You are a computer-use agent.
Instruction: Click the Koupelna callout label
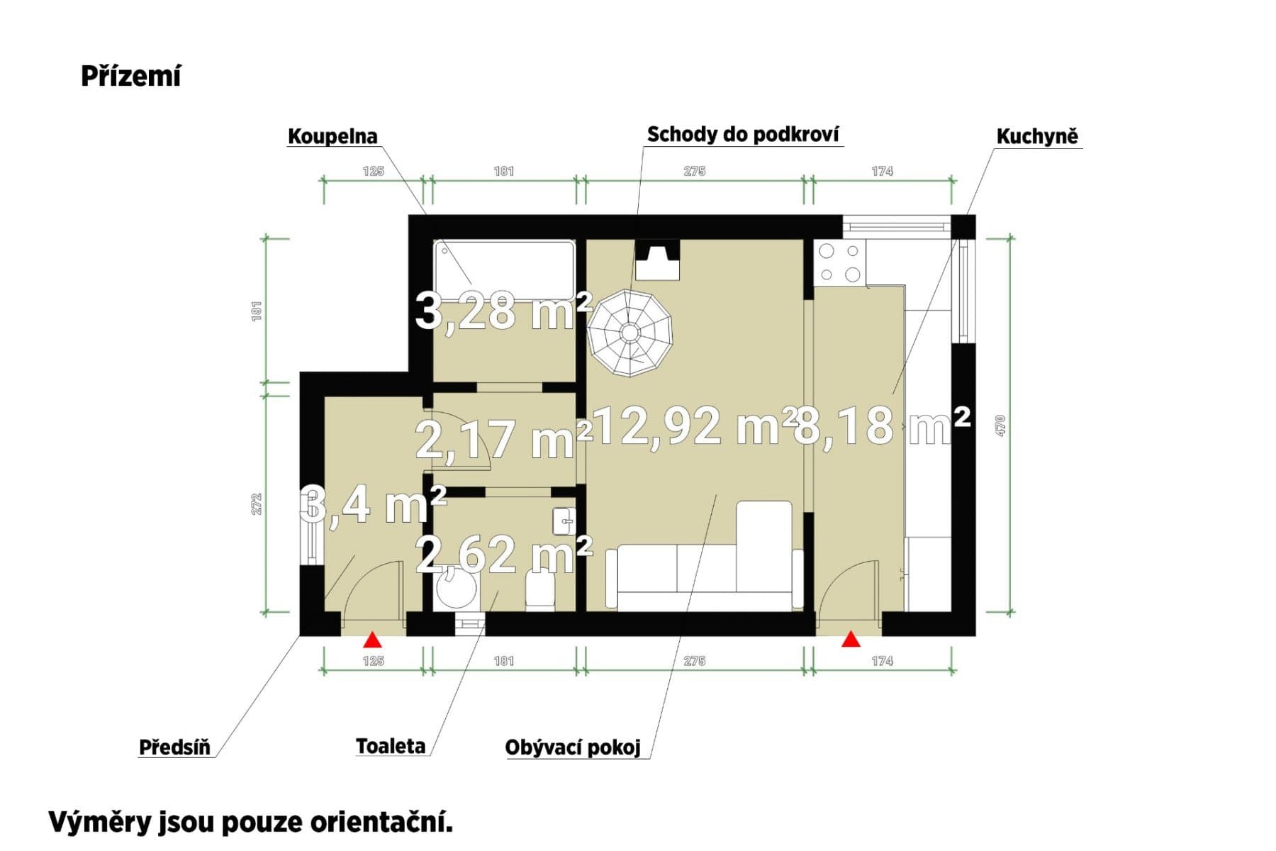coord(332,136)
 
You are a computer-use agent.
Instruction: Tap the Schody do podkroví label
coord(743,134)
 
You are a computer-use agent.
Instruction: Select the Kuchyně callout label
coord(1036,136)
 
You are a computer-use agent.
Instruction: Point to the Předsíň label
coord(174,747)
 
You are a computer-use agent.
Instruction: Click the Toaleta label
coord(391,746)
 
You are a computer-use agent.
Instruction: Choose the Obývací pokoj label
coord(573,747)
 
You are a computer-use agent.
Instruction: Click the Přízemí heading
coord(131,76)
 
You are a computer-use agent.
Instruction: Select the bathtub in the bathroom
coord(504,270)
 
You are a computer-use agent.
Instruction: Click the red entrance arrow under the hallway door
coord(372,641)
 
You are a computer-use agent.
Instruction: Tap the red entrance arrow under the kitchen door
coord(851,640)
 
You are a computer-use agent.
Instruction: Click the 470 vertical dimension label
coord(1000,425)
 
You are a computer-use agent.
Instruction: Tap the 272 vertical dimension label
coord(257,504)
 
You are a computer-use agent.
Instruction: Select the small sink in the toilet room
coord(564,521)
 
